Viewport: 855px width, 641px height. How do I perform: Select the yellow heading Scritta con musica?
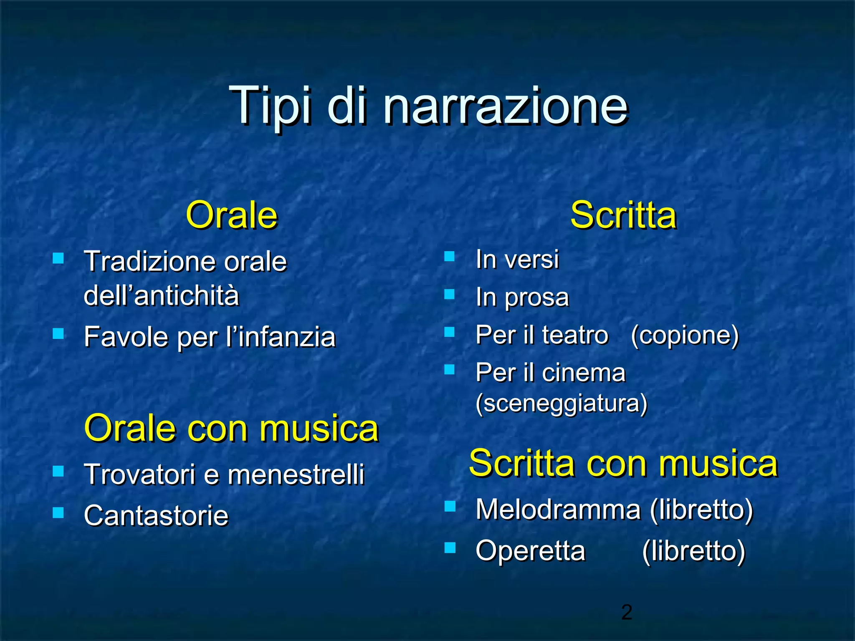point(623,463)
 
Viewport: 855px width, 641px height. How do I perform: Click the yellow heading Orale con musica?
point(231,428)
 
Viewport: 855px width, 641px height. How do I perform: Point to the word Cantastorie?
point(156,515)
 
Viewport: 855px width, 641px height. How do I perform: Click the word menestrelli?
point(296,475)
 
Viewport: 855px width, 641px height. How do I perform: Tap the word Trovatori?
point(139,475)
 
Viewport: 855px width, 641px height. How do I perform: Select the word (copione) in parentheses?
point(685,335)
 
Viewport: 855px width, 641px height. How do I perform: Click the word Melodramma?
point(558,510)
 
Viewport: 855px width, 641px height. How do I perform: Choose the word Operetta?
point(530,551)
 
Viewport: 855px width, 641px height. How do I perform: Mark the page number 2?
point(627,612)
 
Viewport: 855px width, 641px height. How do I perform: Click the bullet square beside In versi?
point(450,256)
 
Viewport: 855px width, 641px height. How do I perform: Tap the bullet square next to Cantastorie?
point(58,512)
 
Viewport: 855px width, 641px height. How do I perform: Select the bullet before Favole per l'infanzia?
point(58,333)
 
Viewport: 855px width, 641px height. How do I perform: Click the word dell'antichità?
point(162,296)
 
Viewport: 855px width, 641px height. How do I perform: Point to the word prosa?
point(536,298)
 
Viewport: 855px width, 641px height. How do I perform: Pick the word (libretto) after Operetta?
point(693,551)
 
